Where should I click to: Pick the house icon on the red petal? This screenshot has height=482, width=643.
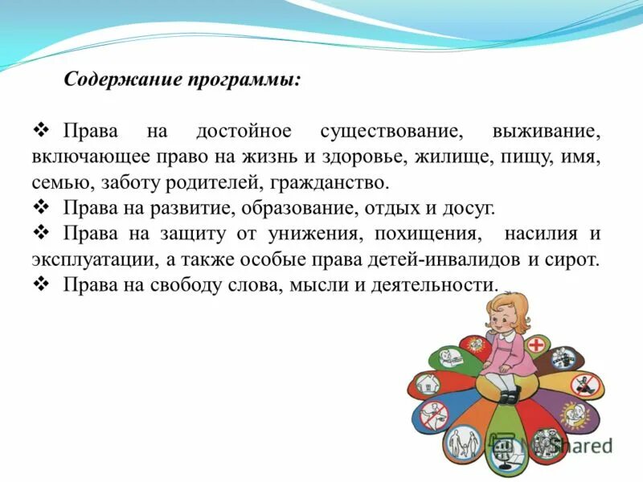(429, 385)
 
